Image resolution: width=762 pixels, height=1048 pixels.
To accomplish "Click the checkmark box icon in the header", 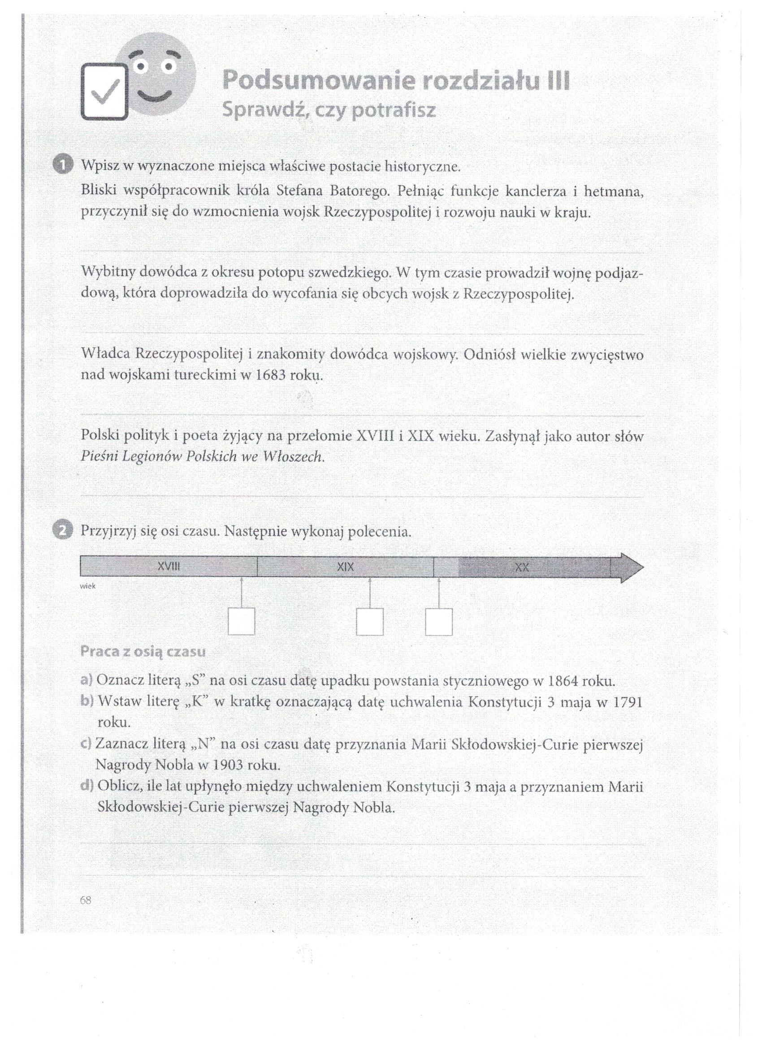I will pos(104,91).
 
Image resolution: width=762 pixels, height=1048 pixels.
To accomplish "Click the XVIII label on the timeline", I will pos(168,566).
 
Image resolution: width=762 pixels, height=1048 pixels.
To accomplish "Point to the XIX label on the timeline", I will pos(345,566).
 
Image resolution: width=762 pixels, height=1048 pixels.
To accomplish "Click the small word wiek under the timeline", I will pos(88,586).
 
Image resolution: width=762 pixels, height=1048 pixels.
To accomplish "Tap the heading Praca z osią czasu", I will pos(143,652).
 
